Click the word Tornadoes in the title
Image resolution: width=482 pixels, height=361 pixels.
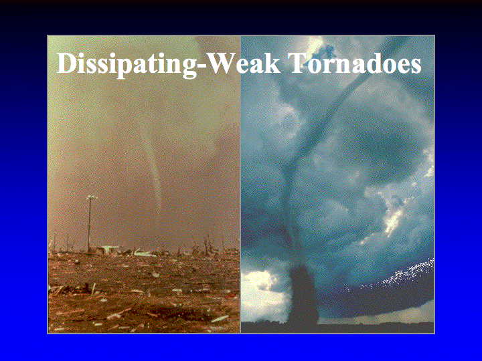point(355,64)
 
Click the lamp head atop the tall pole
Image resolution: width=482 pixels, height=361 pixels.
point(91,198)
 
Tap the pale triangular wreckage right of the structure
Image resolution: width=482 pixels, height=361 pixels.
point(145,253)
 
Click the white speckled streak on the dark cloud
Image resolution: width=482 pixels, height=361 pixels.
point(396,275)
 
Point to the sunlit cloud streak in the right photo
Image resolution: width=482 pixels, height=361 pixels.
point(394,218)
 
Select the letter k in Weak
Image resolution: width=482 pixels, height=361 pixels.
point(272,64)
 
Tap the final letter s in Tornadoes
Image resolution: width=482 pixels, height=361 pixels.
point(416,67)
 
